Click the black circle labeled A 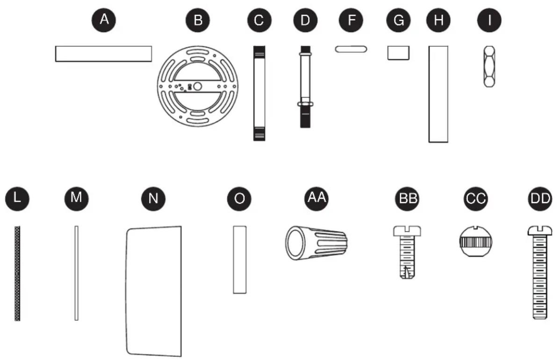click(104, 20)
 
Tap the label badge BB click(407, 199)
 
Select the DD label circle click(539, 199)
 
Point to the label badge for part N click(153, 199)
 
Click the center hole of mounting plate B click(198, 86)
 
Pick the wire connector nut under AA click(316, 243)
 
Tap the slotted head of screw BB click(407, 230)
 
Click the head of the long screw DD click(539, 230)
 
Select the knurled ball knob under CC click(475, 241)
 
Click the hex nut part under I click(489, 66)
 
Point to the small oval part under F click(351, 49)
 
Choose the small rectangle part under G click(399, 53)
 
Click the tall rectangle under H click(438, 94)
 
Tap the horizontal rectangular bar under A click(104, 54)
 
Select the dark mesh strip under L click(17, 273)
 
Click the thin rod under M click(77, 273)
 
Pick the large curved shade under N click(154, 291)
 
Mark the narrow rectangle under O click(240, 259)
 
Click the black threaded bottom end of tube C click(259, 134)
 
